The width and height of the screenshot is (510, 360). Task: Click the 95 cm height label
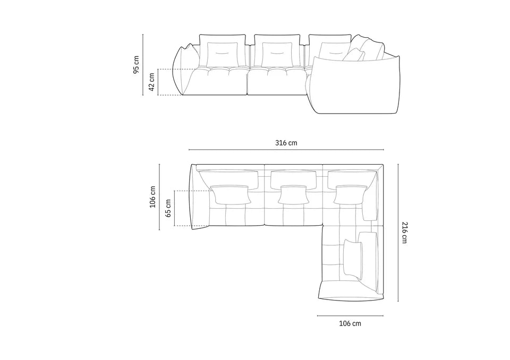[x=136, y=64]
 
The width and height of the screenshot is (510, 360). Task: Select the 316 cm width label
[x=286, y=143]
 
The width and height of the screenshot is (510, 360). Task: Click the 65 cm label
[x=168, y=209]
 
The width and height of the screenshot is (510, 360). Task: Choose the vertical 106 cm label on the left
[x=152, y=196]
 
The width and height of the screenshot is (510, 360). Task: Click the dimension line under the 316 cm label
[x=286, y=150]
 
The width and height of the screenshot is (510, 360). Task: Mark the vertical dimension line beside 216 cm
[x=396, y=232]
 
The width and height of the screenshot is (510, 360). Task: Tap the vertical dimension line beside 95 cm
[x=143, y=64]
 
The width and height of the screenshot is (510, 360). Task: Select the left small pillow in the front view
[x=221, y=53]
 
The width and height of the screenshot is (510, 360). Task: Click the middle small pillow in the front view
[x=275, y=53]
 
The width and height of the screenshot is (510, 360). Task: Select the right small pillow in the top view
[x=350, y=194]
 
